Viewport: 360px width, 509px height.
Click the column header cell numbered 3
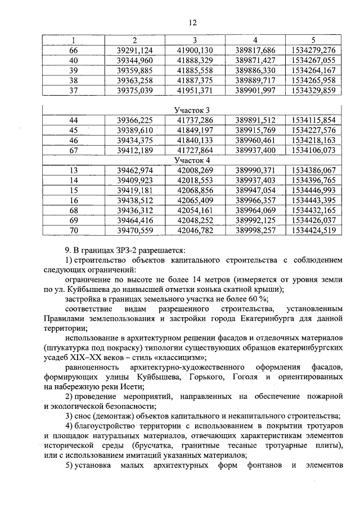pyautogui.click(x=194, y=40)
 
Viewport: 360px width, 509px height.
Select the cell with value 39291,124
pyautogui.click(x=135, y=50)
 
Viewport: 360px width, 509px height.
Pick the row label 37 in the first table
pyautogui.click(x=73, y=91)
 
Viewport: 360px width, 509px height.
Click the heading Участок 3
pyautogui.click(x=193, y=110)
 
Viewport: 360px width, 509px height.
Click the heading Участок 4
pyautogui.click(x=193, y=160)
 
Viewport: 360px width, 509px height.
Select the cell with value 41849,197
pyautogui.click(x=195, y=130)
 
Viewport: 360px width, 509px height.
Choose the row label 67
pyautogui.click(x=73, y=150)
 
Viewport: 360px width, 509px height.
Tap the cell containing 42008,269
pyautogui.click(x=195, y=170)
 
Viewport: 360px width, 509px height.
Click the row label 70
pyautogui.click(x=73, y=231)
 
